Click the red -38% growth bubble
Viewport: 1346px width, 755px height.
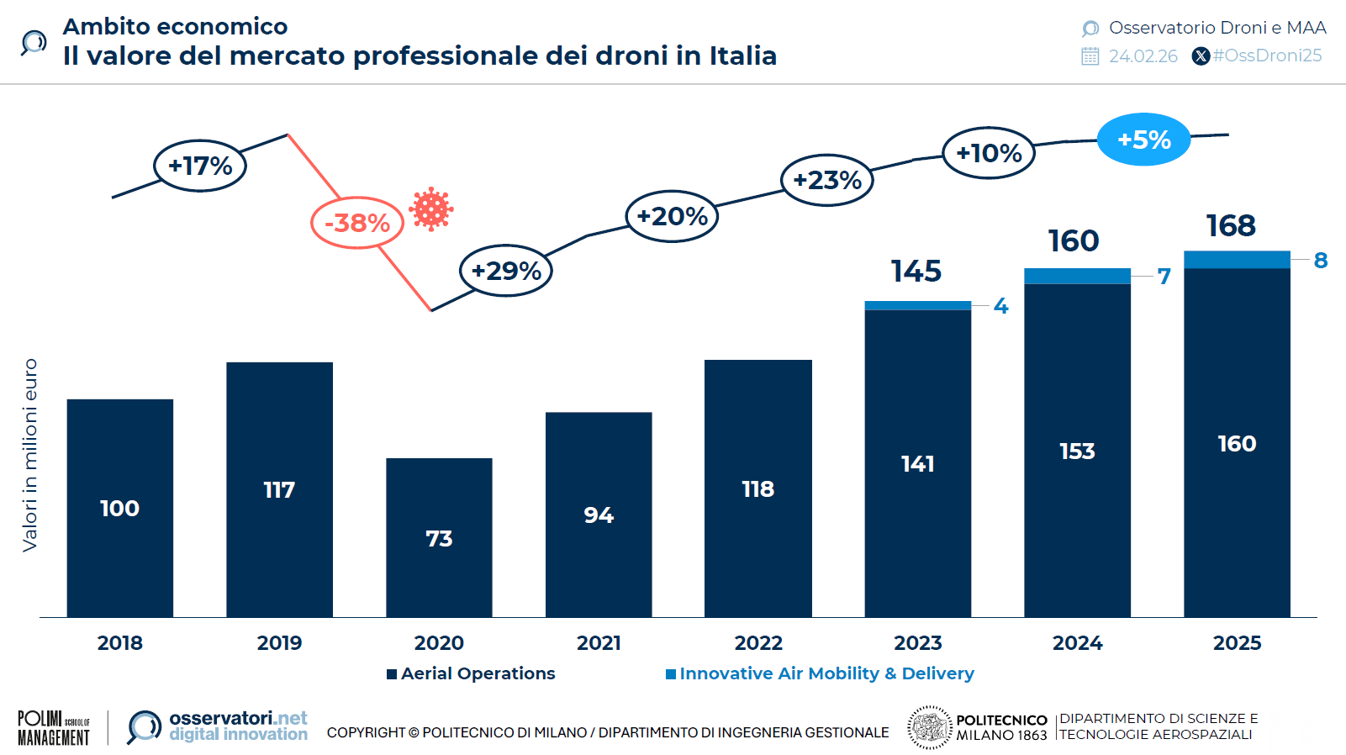[x=357, y=223]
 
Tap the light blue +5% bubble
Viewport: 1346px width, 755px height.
[x=1143, y=140]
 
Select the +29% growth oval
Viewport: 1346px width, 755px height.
[x=505, y=271]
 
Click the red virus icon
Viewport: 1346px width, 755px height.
[x=431, y=209]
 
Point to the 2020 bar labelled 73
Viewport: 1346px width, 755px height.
[x=439, y=538]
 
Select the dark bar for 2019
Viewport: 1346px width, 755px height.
[x=279, y=489]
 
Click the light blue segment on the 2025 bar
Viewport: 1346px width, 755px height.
[x=1237, y=260]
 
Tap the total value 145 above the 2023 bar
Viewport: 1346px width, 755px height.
[x=916, y=272]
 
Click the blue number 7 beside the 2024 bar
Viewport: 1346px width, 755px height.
[x=1164, y=277]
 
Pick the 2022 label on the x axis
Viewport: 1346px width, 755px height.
[x=758, y=643]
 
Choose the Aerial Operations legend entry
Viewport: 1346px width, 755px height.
[x=471, y=673]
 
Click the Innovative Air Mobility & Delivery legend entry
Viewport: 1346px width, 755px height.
[x=820, y=673]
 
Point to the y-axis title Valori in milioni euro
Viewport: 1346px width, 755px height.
[x=30, y=455]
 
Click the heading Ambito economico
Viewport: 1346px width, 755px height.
[x=175, y=27]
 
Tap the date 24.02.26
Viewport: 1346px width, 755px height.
[x=1143, y=56]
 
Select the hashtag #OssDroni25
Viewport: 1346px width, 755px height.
[x=1266, y=55]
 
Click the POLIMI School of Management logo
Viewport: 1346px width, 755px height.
[x=54, y=728]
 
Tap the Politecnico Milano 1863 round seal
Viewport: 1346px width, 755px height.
[x=929, y=727]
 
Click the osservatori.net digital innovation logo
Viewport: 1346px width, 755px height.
[x=218, y=726]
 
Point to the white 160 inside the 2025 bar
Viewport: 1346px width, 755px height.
[x=1237, y=444]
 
